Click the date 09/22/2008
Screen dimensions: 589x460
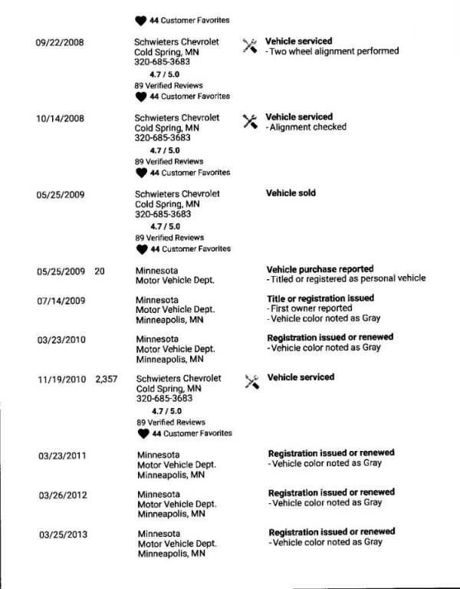60,41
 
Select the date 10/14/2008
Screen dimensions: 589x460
60,118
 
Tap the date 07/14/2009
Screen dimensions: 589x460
60,300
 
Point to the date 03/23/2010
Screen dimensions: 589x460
60,339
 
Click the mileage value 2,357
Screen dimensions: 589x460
106,378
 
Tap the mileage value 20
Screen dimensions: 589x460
100,271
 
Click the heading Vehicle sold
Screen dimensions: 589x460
291,193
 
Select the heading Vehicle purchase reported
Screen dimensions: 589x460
320,269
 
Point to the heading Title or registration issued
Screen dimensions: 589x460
320,298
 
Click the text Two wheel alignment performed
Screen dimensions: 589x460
334,51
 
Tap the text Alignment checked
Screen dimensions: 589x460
308,127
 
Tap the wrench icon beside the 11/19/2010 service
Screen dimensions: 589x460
251,380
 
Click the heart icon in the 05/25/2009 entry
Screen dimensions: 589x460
141,249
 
